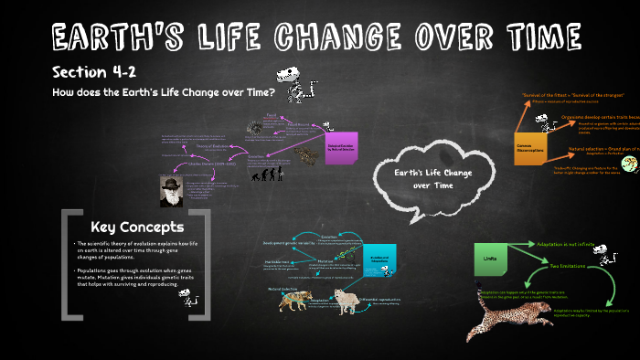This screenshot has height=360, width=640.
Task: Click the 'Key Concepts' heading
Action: pos(137,227)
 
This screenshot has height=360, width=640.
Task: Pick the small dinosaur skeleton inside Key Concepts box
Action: pos(188,297)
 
